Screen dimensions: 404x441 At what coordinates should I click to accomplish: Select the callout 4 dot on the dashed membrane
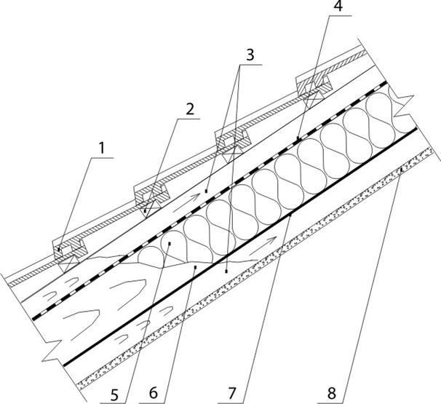298,138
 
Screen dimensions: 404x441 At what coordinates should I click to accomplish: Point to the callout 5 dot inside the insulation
168,244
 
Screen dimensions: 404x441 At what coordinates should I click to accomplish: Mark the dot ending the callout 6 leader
196,267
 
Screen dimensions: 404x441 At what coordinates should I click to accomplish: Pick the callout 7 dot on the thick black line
289,215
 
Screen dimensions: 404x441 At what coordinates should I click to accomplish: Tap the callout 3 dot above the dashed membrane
206,191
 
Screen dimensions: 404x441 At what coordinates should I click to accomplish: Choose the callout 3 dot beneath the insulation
227,271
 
